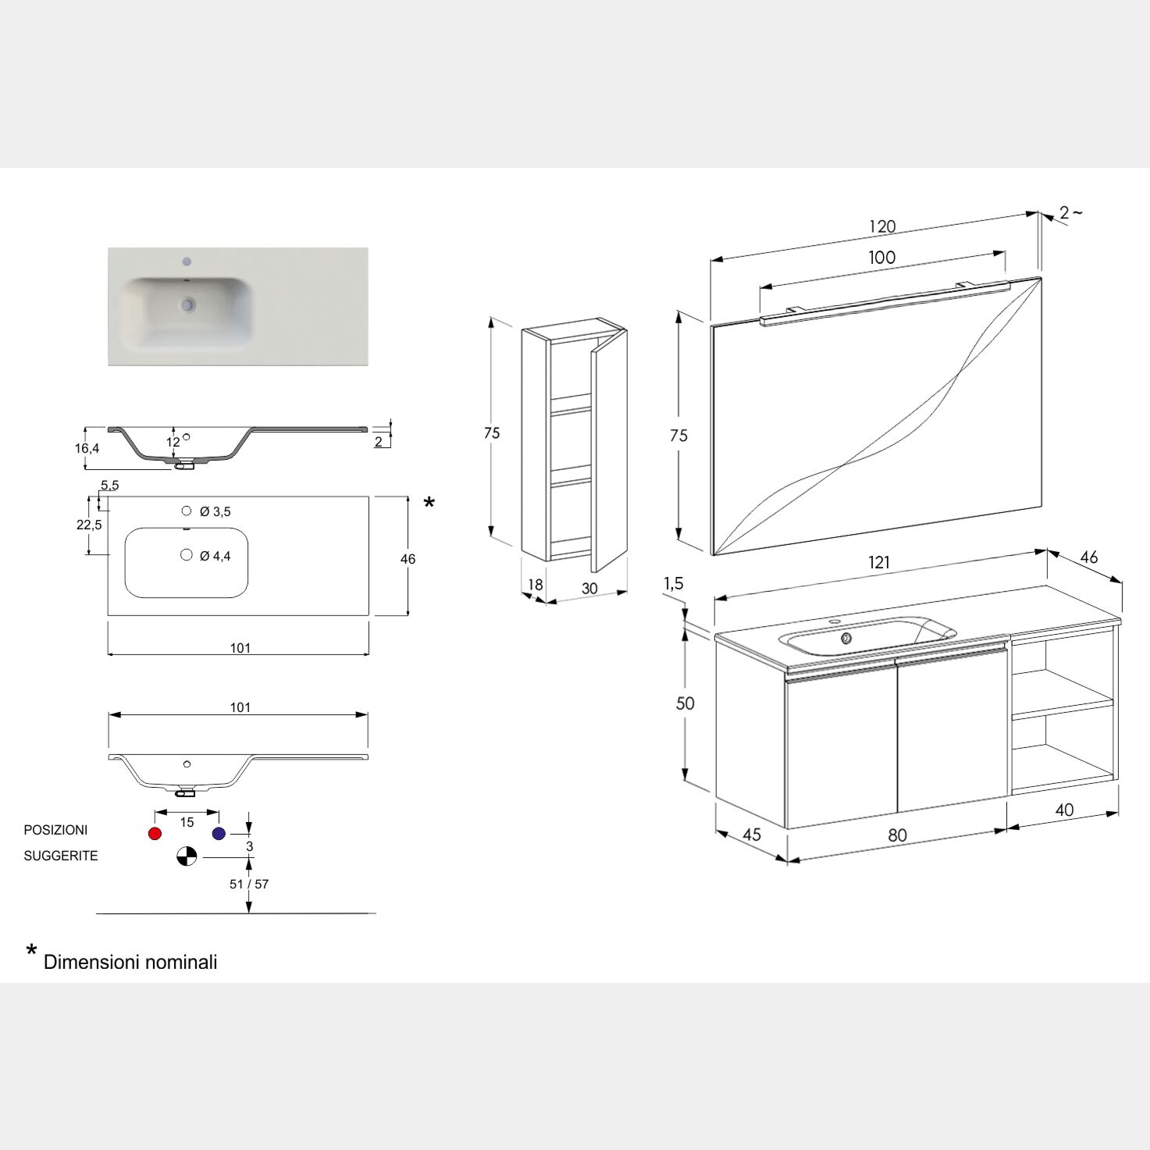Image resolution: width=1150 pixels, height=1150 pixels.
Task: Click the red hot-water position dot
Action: (155, 834)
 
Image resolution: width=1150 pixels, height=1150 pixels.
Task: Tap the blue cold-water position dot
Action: (219, 834)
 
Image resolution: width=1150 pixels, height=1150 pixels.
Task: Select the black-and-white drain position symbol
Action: (187, 856)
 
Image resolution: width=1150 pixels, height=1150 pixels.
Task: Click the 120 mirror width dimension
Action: (882, 226)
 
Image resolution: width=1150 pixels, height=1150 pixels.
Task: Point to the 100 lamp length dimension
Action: (881, 258)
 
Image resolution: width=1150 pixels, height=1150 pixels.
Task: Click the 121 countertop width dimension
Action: (878, 562)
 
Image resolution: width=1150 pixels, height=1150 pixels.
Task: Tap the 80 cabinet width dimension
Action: (898, 835)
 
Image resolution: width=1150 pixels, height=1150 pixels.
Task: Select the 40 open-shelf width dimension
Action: (1064, 810)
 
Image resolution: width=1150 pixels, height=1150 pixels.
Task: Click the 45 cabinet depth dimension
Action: (752, 835)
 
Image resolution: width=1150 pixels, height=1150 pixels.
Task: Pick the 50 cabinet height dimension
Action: (685, 703)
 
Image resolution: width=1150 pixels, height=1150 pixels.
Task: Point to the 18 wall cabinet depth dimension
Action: (536, 585)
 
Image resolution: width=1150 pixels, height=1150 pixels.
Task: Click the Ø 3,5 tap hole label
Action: (215, 511)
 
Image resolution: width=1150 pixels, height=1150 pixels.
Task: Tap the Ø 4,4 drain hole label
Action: (215, 556)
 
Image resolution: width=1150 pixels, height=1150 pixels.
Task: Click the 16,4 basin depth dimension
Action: (87, 448)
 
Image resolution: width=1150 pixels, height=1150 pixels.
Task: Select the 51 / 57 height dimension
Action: (249, 884)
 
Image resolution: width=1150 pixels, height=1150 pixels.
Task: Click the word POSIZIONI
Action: (55, 830)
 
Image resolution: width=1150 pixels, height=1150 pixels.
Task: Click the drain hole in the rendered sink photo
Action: (188, 304)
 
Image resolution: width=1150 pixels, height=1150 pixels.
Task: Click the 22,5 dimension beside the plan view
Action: (89, 525)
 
